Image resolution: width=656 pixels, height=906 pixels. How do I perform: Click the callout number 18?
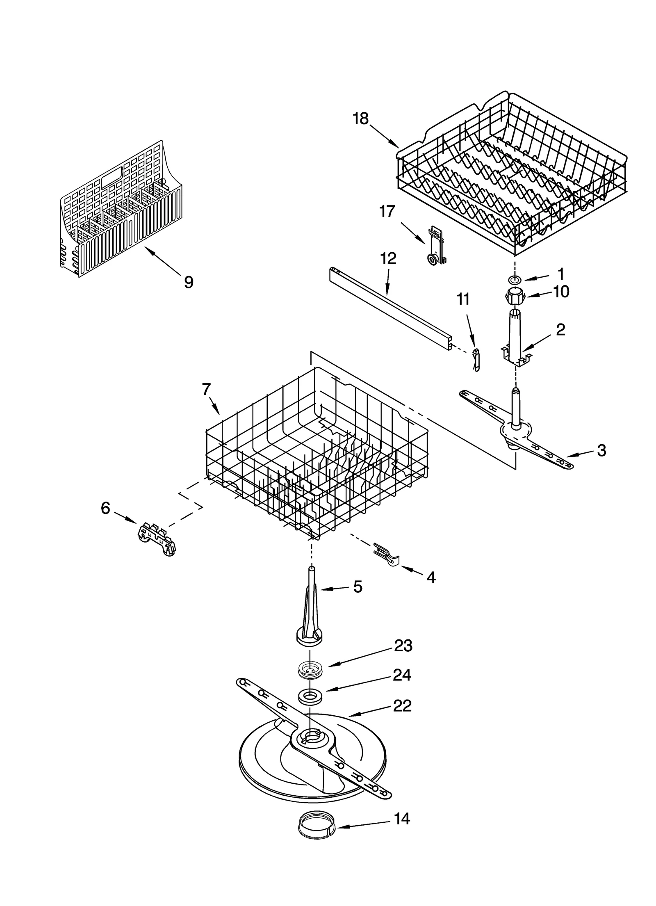(x=360, y=119)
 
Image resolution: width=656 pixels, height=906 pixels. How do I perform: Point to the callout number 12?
(x=388, y=259)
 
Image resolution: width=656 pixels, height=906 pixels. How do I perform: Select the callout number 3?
(x=601, y=450)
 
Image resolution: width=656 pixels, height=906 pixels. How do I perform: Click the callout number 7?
(x=206, y=389)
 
